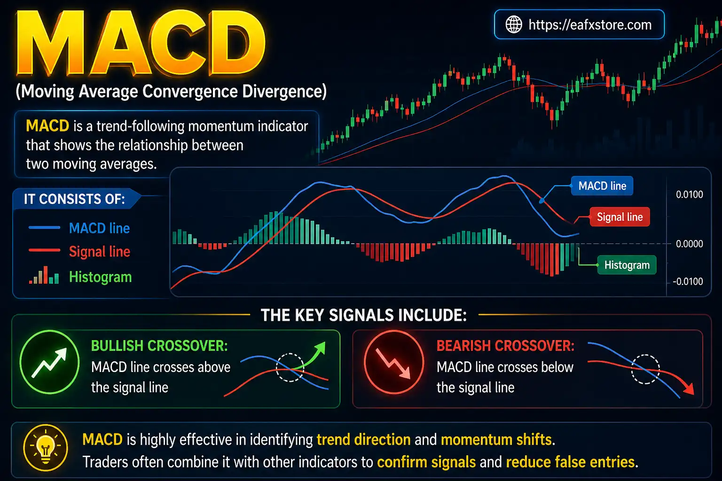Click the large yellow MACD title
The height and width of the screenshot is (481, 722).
click(141, 45)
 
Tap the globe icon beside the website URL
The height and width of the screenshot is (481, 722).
click(513, 24)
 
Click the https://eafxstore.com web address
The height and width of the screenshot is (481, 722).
click(590, 24)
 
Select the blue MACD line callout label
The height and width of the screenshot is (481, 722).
click(602, 186)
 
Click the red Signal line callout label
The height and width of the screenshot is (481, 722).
click(620, 217)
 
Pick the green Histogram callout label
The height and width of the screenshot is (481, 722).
click(627, 265)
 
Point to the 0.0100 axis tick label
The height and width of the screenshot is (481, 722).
click(689, 194)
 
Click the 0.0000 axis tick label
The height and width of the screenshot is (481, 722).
click(689, 244)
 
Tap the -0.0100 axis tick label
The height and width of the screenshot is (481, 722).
click(688, 281)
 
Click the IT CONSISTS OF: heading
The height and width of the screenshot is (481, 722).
click(74, 199)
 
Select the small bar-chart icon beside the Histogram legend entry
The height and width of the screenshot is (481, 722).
click(44, 276)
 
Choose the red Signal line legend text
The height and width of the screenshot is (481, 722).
click(99, 252)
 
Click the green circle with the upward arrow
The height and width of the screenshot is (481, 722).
click(49, 362)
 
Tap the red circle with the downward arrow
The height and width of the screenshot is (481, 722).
click(394, 362)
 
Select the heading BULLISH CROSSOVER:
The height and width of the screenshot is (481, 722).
click(159, 346)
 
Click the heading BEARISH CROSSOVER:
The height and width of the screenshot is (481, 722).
click(505, 346)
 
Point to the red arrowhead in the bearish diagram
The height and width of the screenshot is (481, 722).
click(689, 389)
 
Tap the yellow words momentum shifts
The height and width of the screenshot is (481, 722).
click(496, 440)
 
